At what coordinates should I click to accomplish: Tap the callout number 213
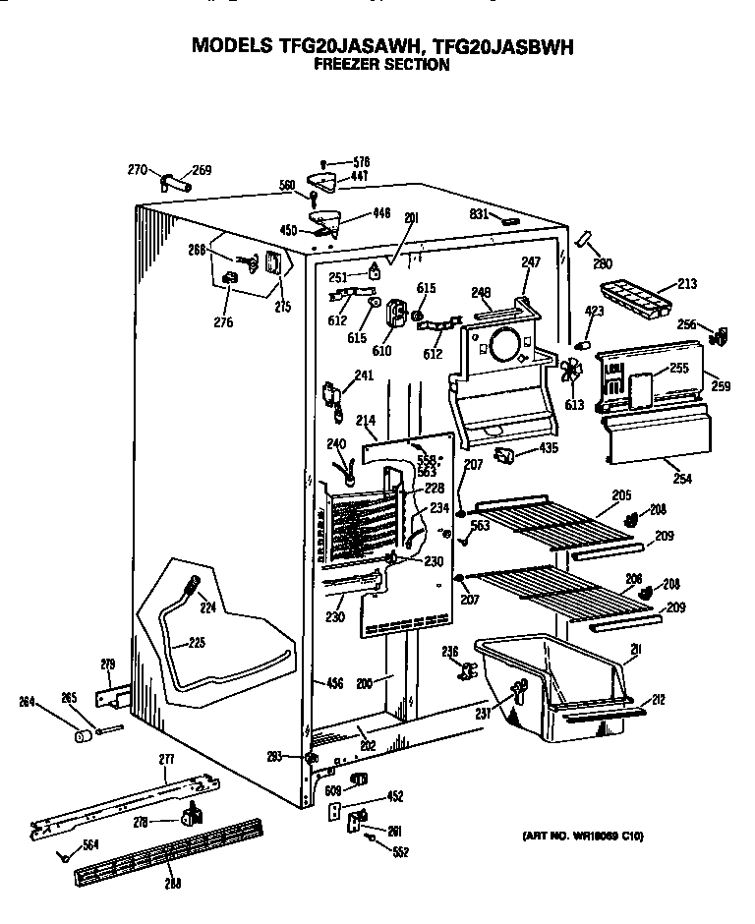click(x=686, y=285)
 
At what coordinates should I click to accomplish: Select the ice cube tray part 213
click(x=633, y=297)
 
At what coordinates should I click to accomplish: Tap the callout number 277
click(x=165, y=758)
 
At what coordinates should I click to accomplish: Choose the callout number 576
click(x=362, y=161)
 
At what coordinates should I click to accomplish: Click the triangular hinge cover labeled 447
click(x=320, y=181)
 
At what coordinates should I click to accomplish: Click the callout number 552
click(x=400, y=852)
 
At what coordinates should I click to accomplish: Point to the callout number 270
click(x=138, y=170)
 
